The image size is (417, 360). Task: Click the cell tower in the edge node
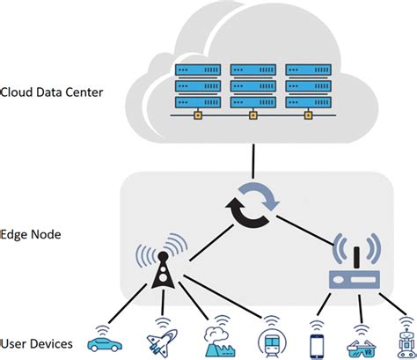[x=163, y=269]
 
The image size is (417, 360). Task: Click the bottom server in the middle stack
[x=253, y=101]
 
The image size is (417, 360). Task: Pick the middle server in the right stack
[x=308, y=85]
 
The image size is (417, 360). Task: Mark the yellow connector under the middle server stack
[x=253, y=114]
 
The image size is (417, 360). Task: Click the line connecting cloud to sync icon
[x=253, y=158]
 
